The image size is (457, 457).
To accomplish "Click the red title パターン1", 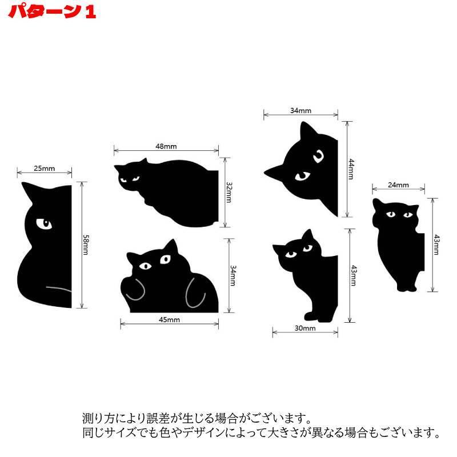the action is click(52, 12).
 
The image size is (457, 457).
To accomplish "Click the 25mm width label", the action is click(45, 169).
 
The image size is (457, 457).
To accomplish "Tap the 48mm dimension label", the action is click(166, 146).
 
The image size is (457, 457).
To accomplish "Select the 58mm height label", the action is click(86, 245).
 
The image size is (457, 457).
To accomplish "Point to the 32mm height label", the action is click(230, 193).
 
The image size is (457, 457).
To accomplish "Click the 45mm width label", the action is click(169, 320).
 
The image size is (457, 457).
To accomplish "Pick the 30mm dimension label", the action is click(305, 328).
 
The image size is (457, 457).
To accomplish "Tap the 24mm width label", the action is click(398, 185).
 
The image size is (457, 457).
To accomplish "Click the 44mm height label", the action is click(352, 169).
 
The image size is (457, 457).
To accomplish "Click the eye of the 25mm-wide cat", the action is click(44, 223).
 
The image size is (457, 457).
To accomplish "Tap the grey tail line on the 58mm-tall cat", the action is click(59, 288).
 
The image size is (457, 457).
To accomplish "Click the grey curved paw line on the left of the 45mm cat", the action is click(137, 290).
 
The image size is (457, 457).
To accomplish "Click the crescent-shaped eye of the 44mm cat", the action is click(319, 156).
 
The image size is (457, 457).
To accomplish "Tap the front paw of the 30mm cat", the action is click(310, 316).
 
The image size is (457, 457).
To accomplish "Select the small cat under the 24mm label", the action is click(398, 245).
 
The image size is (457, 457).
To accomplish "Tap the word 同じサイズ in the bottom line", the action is click(109, 432).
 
